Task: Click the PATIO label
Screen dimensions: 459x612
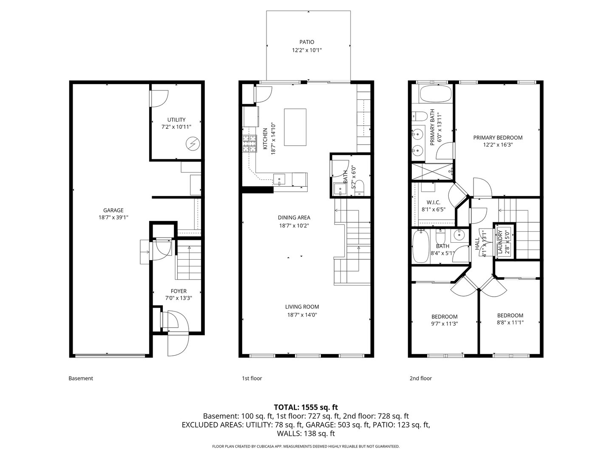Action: coord(306,42)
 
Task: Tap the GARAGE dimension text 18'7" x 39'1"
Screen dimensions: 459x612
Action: coord(113,217)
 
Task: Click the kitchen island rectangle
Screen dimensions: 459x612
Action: coord(295,127)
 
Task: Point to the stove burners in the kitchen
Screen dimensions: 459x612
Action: coord(250,143)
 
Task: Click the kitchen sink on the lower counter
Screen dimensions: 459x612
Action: coord(279,179)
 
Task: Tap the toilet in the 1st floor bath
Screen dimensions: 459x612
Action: coord(360,187)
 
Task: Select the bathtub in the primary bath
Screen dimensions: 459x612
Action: coord(436,93)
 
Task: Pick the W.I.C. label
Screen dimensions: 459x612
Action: coord(433,202)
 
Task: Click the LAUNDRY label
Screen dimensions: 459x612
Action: coord(500,242)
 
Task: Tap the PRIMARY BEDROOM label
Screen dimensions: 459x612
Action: coord(498,138)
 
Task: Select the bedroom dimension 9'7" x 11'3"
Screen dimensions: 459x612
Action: coord(445,323)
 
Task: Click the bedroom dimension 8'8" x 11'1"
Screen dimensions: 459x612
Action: coord(510,322)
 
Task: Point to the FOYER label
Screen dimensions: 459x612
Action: coord(178,291)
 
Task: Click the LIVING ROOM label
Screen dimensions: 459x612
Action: coord(302,307)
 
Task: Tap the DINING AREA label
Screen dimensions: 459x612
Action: coord(294,218)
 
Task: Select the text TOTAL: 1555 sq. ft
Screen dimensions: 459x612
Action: coord(306,407)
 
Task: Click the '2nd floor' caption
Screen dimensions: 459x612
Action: coord(420,378)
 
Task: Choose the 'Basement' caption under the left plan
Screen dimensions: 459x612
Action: coord(81,378)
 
